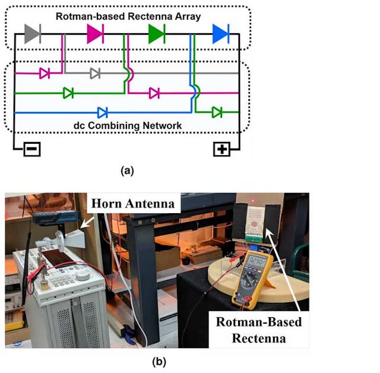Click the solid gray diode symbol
pyautogui.click(x=33, y=34)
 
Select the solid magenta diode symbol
pyautogui.click(x=95, y=34)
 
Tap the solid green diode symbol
pyautogui.click(x=156, y=34)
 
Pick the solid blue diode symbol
pyautogui.click(x=220, y=34)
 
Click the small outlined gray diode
pyautogui.click(x=95, y=74)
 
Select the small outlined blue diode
pyautogui.click(x=102, y=112)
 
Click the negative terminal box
pyautogui.click(x=32, y=148)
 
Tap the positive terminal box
pyautogui.click(x=221, y=148)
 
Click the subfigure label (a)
pyautogui.click(x=127, y=170)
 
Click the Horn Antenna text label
pyautogui.click(x=133, y=204)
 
